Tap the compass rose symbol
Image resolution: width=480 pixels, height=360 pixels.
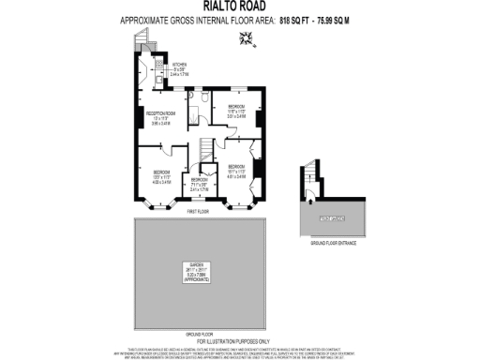[x=247, y=37]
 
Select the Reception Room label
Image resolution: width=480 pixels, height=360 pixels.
[x=159, y=118]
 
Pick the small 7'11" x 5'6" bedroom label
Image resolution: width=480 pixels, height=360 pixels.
[x=200, y=185]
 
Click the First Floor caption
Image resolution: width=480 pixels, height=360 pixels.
[x=198, y=213]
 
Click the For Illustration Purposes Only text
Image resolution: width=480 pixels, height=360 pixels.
[x=240, y=341]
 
